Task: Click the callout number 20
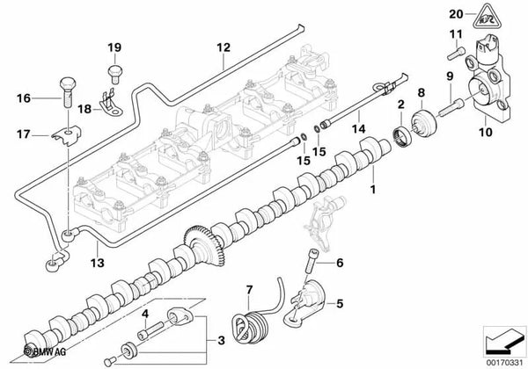click(454, 13)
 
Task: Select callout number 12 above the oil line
click(223, 47)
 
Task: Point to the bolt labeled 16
click(65, 90)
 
